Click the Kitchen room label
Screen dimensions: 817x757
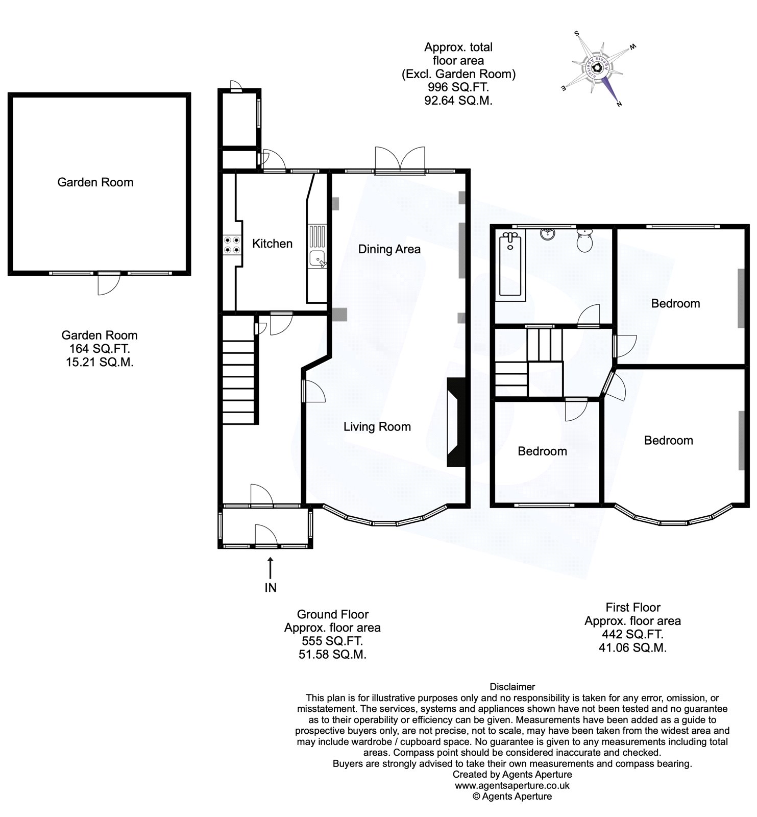click(x=272, y=244)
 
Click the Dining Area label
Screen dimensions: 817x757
click(x=389, y=249)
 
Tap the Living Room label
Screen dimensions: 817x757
click(x=377, y=427)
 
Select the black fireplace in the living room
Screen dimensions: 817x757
click(x=456, y=422)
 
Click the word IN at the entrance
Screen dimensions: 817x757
click(x=271, y=588)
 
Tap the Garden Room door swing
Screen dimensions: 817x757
click(x=108, y=284)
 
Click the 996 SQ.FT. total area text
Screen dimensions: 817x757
click(x=458, y=87)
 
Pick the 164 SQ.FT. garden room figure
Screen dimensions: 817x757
click(x=100, y=349)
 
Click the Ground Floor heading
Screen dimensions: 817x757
click(x=332, y=614)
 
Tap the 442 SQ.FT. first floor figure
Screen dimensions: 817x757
click(x=632, y=635)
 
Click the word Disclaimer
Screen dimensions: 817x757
click(x=512, y=687)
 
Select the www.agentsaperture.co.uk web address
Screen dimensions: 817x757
click(x=512, y=786)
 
